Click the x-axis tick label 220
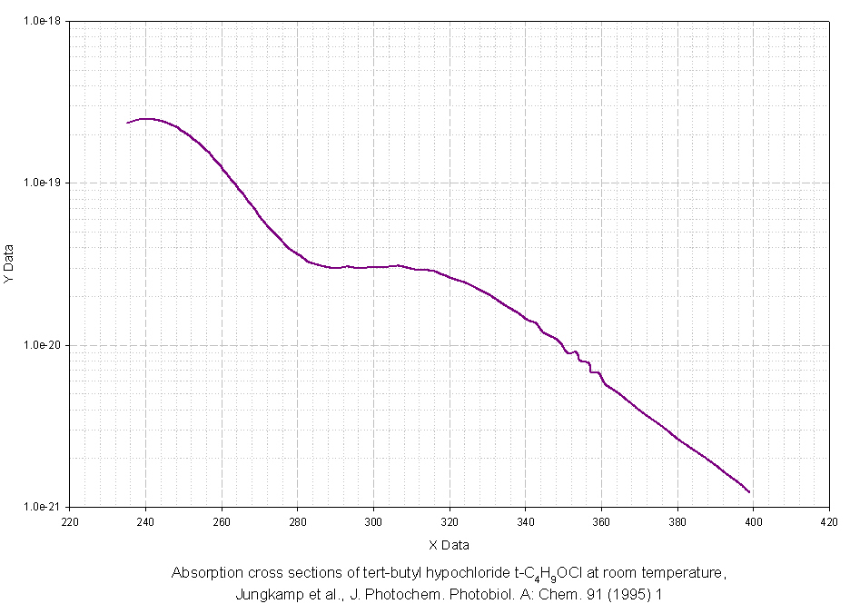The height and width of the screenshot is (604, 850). coord(70,522)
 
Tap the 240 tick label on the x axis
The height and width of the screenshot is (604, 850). coord(145,522)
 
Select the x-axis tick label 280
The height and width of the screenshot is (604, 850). coord(297,522)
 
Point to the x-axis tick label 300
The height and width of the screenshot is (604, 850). coord(373,522)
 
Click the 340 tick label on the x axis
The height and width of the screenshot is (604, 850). coord(525,522)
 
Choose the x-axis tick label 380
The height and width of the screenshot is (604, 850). coord(677,522)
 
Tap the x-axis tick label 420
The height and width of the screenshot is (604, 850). coord(828,522)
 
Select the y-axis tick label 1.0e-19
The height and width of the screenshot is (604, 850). coord(43,183)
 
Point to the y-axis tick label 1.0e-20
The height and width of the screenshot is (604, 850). coord(43,345)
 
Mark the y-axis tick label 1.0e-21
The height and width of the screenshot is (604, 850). coord(43,507)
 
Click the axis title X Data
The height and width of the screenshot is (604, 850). coord(449,545)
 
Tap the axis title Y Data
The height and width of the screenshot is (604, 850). coord(9,264)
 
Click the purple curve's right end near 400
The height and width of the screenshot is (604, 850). coord(749,492)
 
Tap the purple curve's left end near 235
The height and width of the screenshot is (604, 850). coord(127,123)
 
